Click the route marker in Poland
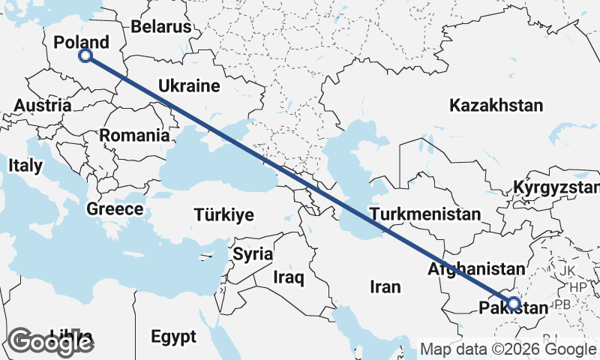coord(85,55)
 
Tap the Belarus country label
coord(161,27)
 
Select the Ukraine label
coord(188,86)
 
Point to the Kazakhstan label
coord(496,106)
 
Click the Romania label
coord(134,136)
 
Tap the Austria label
coord(43,106)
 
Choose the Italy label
coord(25,164)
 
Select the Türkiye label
coord(223,215)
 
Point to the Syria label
coord(252,253)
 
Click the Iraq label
coord(289,278)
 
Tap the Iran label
coord(385,286)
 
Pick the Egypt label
coord(172,335)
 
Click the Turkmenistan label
coord(424,214)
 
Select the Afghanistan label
coord(475,268)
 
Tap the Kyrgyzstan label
coord(556,187)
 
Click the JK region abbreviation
coord(566,270)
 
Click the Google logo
coord(51,342)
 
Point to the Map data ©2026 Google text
coord(507,349)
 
